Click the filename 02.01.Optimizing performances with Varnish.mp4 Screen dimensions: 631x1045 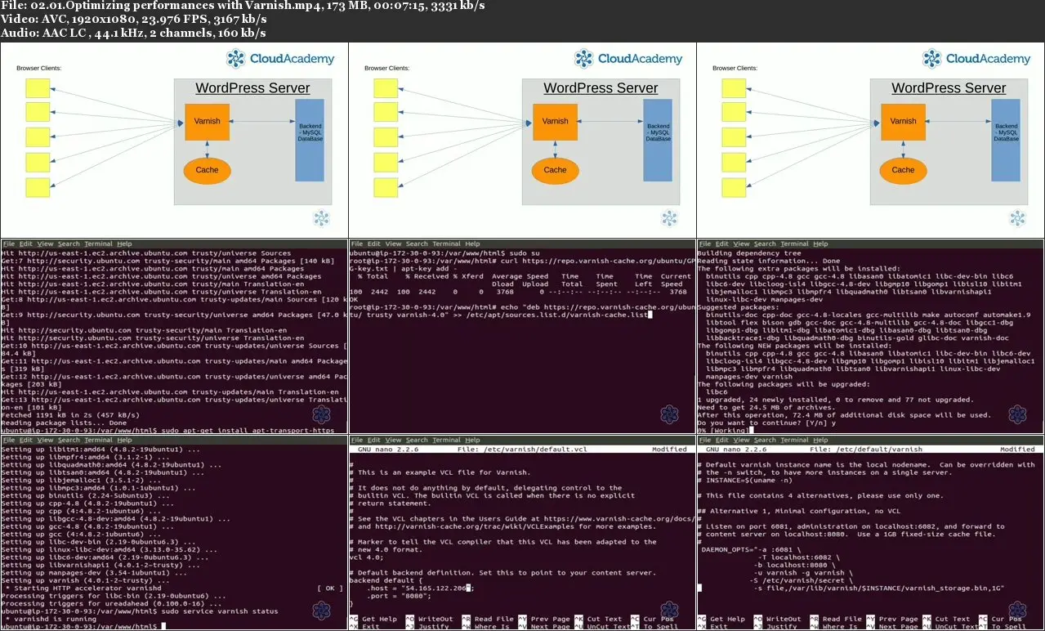click(x=150, y=6)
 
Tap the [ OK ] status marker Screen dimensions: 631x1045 click(x=329, y=588)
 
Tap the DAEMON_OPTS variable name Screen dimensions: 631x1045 click(x=723, y=549)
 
